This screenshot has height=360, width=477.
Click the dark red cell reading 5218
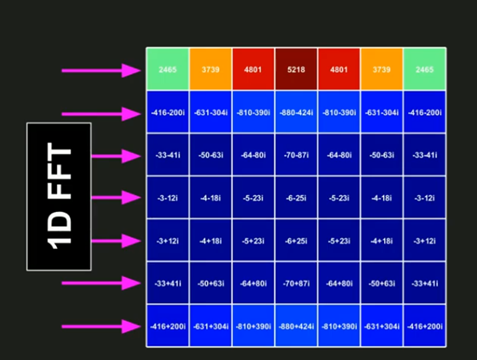tap(296, 70)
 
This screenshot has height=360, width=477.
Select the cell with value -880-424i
tap(296, 113)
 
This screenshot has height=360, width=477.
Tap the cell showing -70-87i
tap(296, 156)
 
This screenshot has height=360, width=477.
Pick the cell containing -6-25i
tap(296, 198)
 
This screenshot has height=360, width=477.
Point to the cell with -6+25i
tap(296, 241)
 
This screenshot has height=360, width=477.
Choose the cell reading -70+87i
tap(296, 284)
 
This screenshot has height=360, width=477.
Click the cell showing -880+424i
tap(296, 326)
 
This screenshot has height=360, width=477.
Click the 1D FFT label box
tap(59, 196)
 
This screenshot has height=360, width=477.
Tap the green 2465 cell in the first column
tap(168, 70)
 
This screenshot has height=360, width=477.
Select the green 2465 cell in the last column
tap(424, 70)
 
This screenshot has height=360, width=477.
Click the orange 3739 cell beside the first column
tap(211, 70)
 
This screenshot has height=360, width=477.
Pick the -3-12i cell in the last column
tap(424, 198)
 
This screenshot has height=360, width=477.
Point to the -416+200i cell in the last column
tap(424, 326)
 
